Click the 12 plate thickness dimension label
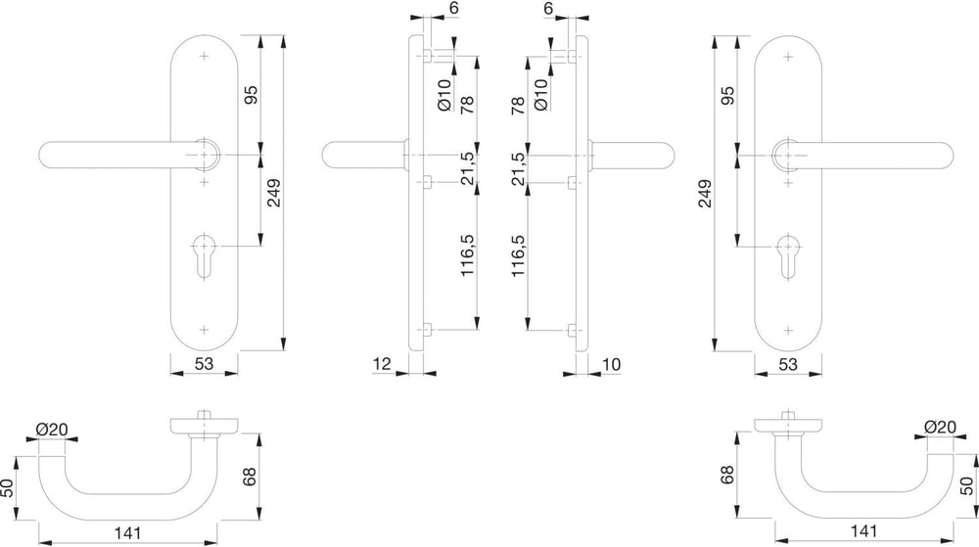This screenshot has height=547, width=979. (x=382, y=364)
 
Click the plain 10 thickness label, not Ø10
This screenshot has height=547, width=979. (x=612, y=364)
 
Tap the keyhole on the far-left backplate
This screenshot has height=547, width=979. (x=205, y=254)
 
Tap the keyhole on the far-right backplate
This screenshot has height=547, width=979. (x=788, y=254)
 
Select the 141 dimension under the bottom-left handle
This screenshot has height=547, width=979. (x=128, y=533)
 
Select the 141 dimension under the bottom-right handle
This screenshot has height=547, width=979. (x=864, y=530)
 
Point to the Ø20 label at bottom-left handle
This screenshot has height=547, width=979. (x=51, y=430)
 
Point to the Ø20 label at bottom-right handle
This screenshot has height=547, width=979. (x=940, y=427)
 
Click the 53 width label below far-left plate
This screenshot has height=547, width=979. (x=205, y=363)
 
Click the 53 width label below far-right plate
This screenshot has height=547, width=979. (x=788, y=363)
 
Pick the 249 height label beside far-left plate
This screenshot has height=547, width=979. (x=273, y=194)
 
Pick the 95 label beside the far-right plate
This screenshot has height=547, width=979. (x=728, y=95)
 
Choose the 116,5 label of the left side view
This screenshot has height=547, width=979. (x=468, y=255)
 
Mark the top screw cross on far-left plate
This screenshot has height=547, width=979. (x=205, y=56)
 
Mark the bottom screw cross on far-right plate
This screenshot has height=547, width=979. (x=788, y=330)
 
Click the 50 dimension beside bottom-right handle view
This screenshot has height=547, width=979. (x=966, y=486)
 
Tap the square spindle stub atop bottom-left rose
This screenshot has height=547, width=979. (x=204, y=416)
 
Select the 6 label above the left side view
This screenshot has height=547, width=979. (x=454, y=8)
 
